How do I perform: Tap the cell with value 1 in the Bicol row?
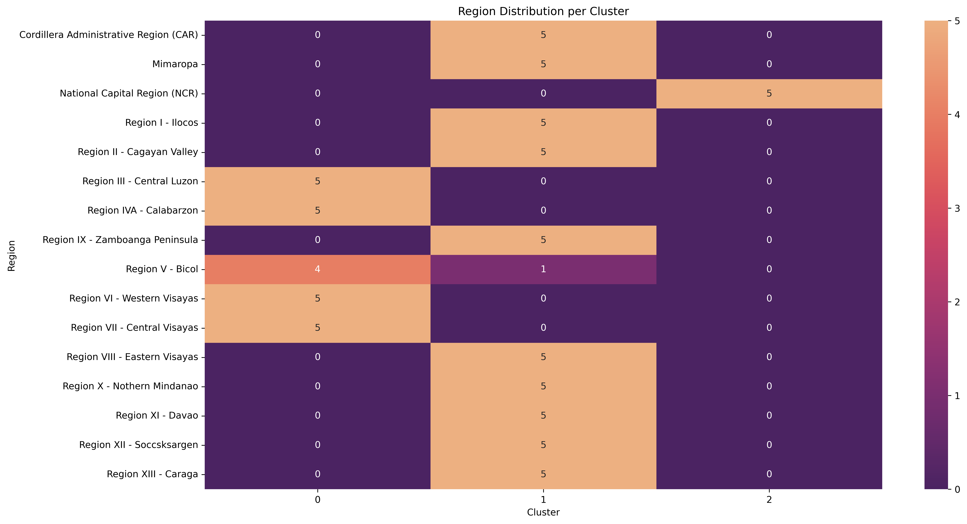click(543, 269)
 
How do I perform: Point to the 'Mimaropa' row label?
click(175, 64)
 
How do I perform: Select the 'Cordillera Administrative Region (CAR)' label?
click(109, 35)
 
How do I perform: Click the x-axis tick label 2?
click(769, 500)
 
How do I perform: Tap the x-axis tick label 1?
click(543, 500)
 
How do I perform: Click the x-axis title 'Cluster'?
click(543, 512)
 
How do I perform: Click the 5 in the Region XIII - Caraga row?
click(543, 474)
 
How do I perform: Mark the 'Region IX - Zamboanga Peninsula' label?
click(120, 240)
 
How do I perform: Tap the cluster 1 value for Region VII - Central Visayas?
click(543, 327)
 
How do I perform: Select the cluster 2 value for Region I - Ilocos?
click(769, 123)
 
